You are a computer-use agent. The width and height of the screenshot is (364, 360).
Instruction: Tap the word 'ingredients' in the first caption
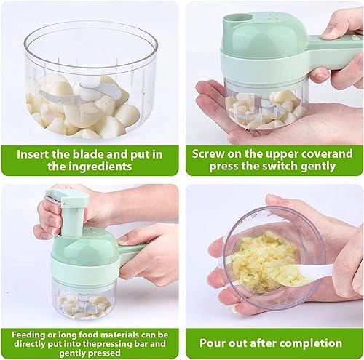coord(103,167)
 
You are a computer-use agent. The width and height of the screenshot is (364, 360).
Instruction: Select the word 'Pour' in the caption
coord(211,343)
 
